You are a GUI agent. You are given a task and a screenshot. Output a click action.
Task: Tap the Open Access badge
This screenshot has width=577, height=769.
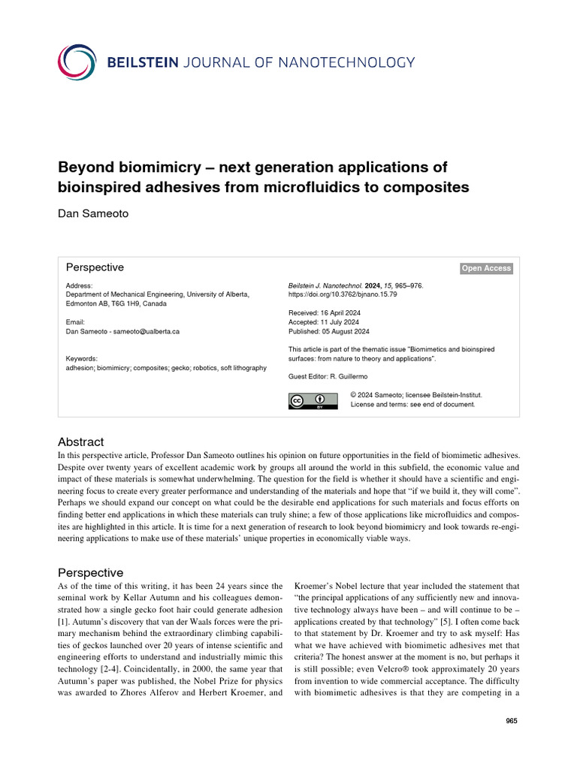tap(486, 269)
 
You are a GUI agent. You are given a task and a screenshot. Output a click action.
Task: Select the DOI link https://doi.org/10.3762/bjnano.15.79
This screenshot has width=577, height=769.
tap(343, 295)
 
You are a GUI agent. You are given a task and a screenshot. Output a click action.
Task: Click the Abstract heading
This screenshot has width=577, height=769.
tap(80, 442)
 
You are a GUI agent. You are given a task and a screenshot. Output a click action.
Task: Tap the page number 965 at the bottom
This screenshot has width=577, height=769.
tap(512, 721)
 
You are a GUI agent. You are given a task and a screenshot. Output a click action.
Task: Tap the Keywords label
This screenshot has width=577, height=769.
tap(81, 359)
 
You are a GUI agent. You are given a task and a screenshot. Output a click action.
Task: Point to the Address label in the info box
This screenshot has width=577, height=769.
tap(79, 286)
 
